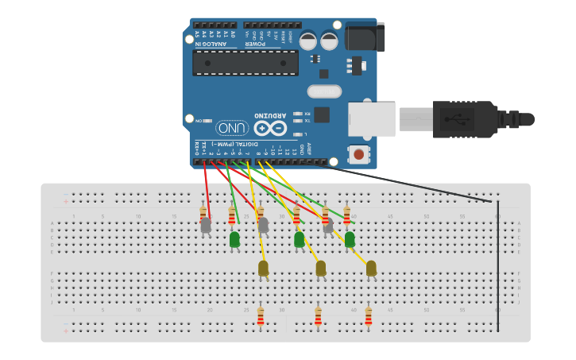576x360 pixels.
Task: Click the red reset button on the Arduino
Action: point(359,154)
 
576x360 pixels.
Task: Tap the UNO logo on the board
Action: point(232,128)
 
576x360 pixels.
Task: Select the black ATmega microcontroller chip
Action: point(245,63)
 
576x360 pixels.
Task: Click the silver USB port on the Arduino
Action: point(372,119)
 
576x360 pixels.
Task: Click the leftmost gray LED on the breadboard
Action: point(206,226)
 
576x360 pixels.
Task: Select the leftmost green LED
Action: point(234,238)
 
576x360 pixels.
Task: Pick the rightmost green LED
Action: point(350,238)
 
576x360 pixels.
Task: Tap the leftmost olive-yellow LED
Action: point(263,269)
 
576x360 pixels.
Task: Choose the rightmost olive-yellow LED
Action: point(371,269)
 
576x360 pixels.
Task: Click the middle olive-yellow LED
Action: point(320,269)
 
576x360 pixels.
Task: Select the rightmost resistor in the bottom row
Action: point(368,316)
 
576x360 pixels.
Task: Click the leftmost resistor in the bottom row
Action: point(260,316)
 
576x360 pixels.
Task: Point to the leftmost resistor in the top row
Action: point(203,213)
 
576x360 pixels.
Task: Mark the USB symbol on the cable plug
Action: point(457,119)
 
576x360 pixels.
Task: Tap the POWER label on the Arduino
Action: point(254,45)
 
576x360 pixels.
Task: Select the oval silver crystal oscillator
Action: point(324,91)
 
